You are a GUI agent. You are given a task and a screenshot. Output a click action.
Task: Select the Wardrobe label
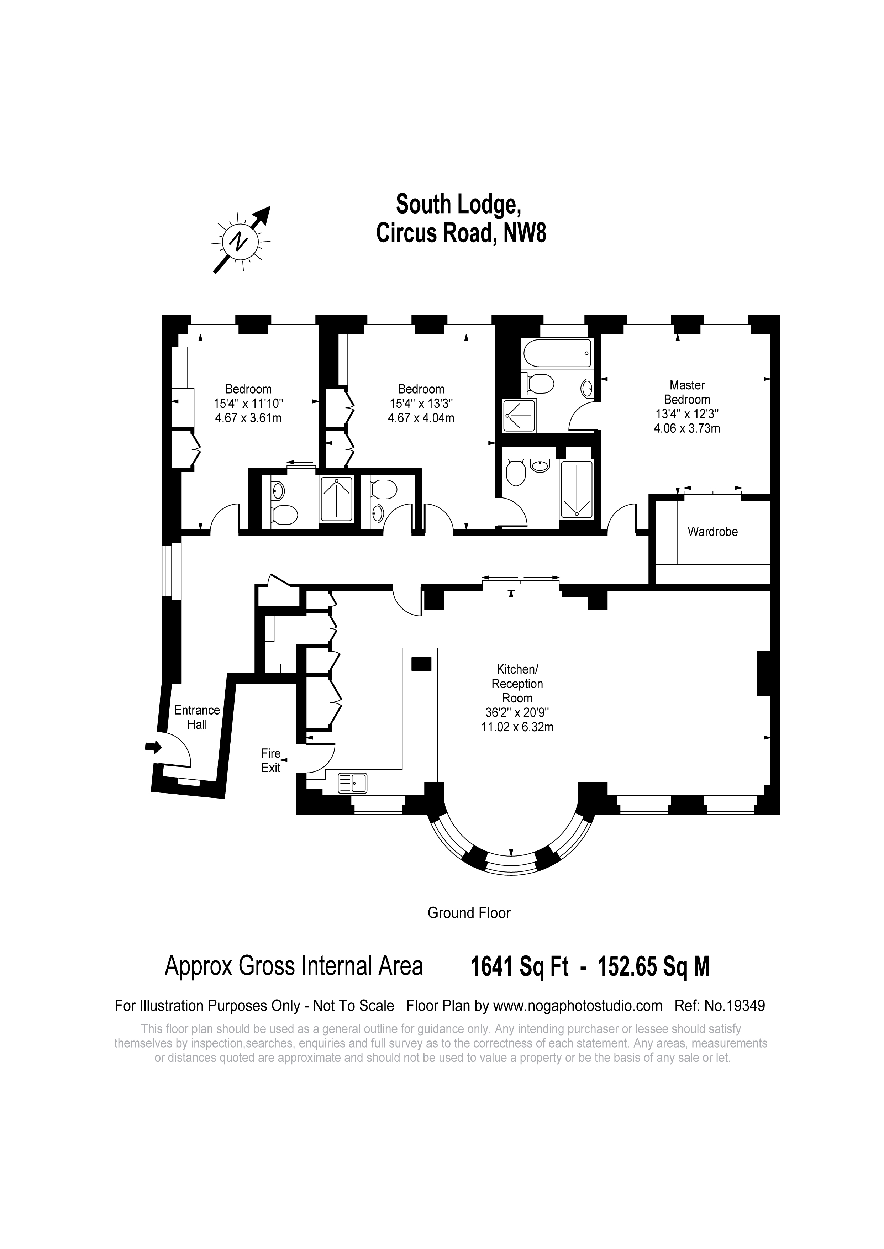tap(712, 532)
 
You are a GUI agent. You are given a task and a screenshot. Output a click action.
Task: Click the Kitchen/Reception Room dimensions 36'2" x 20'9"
tap(517, 712)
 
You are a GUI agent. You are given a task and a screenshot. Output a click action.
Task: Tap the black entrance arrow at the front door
tap(154, 747)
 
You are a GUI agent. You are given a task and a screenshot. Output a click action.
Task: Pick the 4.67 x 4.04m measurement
tap(421, 418)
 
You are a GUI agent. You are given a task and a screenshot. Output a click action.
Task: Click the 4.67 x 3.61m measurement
tap(248, 418)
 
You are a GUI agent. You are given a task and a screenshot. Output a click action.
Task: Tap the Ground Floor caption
tap(469, 913)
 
